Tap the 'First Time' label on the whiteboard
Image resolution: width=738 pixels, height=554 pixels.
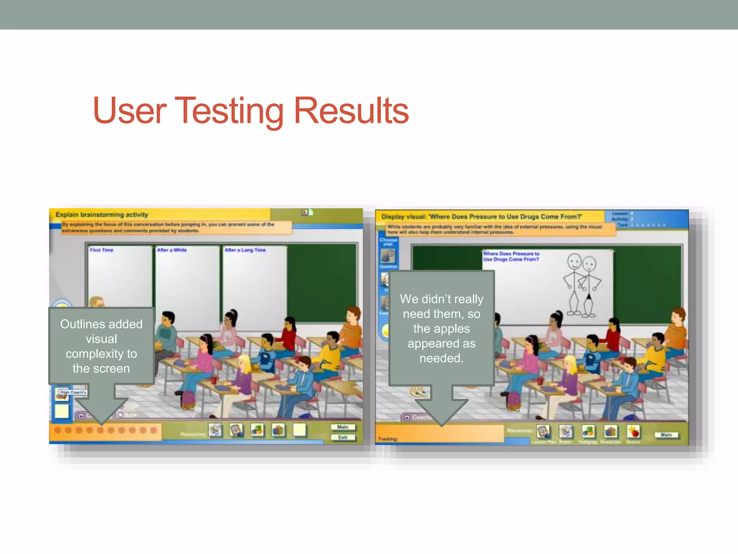coord(102,250)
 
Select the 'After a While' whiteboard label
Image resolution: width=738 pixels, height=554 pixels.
coord(172,250)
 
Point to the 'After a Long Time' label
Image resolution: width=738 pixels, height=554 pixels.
coord(245,250)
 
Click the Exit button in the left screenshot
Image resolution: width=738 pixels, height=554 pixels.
coord(343,438)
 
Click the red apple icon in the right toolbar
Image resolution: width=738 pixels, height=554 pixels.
coord(633,431)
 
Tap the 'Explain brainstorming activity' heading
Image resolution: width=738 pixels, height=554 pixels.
coord(102,215)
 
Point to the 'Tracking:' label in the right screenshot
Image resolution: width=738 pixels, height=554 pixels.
coord(388,439)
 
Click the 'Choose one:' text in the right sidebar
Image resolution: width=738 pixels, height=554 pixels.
coord(388,242)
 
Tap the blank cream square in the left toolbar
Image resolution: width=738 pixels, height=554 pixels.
coord(299,430)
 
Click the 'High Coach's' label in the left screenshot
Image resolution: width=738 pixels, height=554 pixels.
coord(73,392)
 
